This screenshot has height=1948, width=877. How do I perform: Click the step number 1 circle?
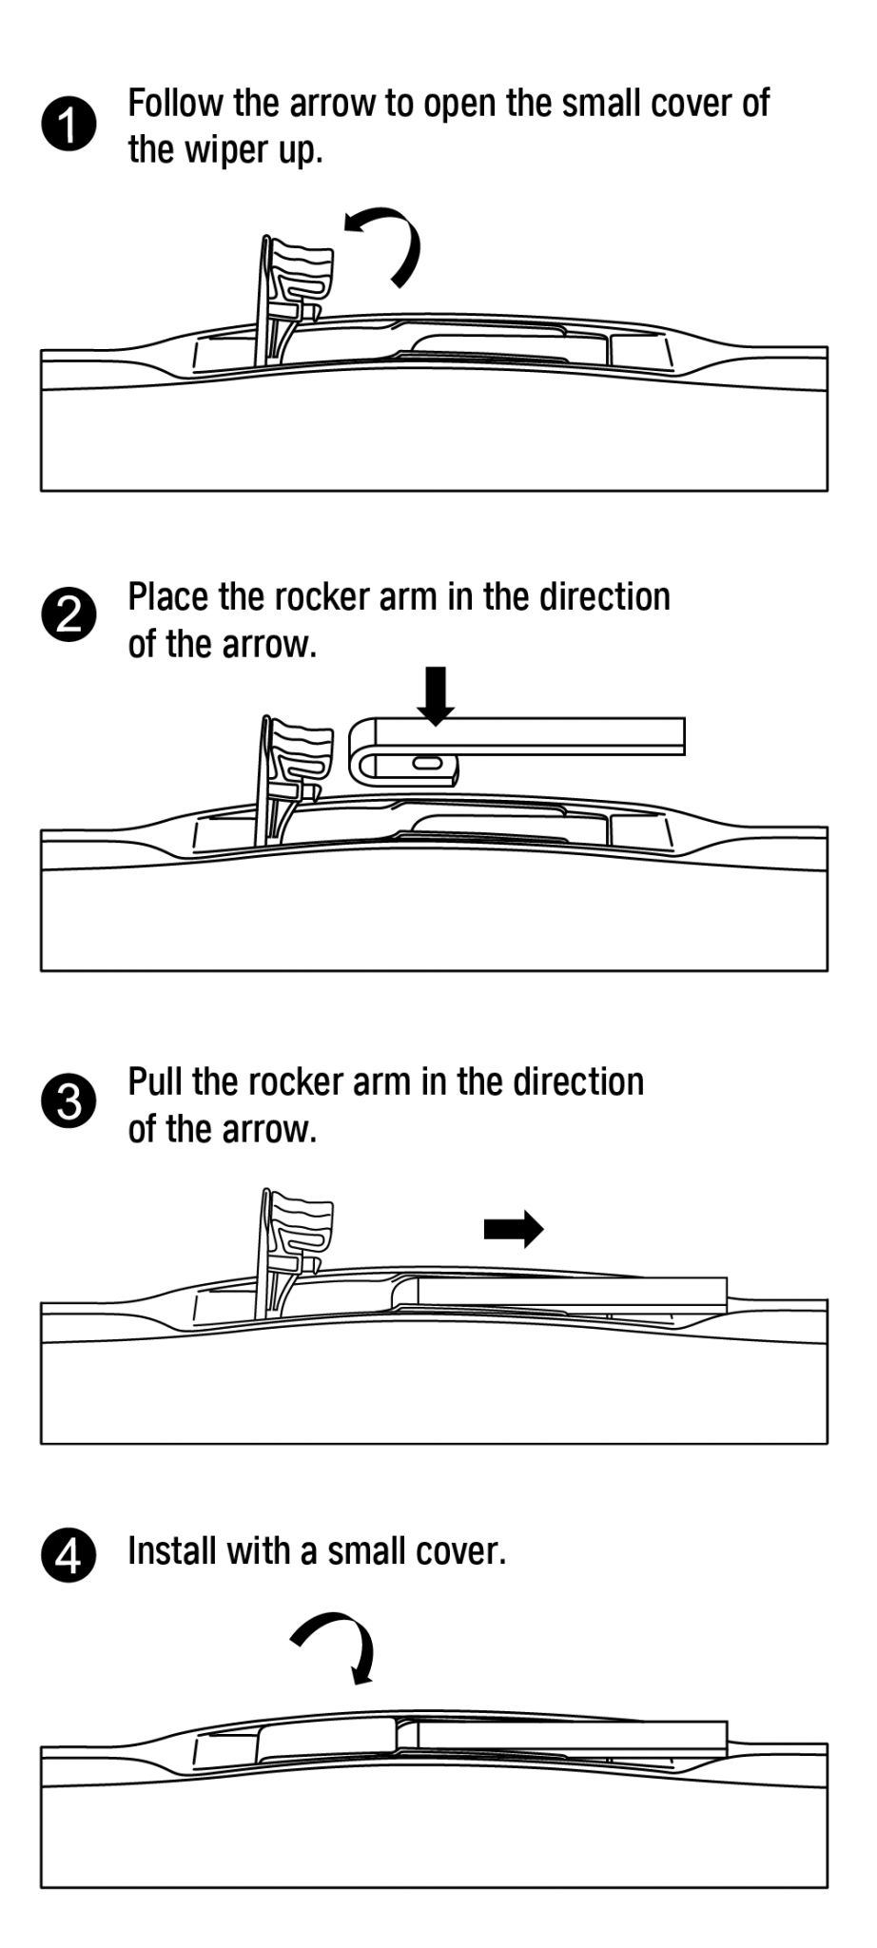click(68, 124)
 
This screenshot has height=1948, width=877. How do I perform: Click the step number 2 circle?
click(68, 616)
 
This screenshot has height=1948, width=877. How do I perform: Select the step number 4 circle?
click(68, 1556)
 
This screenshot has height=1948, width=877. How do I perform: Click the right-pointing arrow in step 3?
click(514, 1229)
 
